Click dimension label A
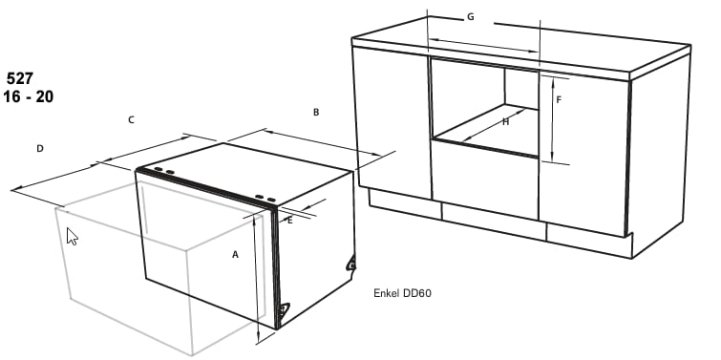pos(235,254)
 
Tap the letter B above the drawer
pos(316,112)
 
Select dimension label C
pos(131,120)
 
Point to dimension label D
pos(40,149)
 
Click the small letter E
pos(289,221)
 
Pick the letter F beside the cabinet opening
pos(559,99)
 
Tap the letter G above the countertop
pos(471,17)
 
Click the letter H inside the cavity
pos(506,122)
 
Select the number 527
pos(20,78)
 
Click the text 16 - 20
pos(28,96)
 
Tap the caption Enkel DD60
pos(402,293)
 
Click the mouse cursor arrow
pos(73,237)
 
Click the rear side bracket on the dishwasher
pos(351,264)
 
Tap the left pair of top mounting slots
pos(164,171)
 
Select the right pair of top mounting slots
pos(265,199)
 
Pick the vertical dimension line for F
pos(552,119)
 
